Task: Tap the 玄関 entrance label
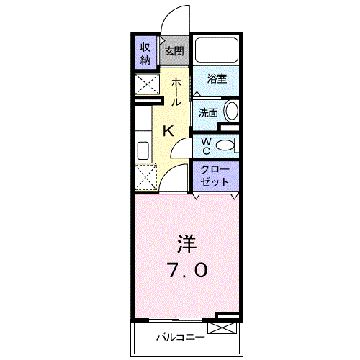tap(174, 51)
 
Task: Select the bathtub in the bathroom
tap(217, 50)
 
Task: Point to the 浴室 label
tap(217, 78)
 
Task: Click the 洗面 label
tap(208, 112)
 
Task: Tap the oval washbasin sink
tap(231, 112)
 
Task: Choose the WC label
tap(206, 146)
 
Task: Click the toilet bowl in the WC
tap(225, 145)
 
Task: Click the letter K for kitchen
tap(168, 131)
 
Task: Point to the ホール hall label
tap(176, 91)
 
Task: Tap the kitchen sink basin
tap(143, 150)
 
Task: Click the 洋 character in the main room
tap(186, 244)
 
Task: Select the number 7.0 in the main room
tap(188, 270)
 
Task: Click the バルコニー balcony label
tap(181, 338)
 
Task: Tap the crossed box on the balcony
tap(222, 328)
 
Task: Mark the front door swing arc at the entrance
tap(168, 12)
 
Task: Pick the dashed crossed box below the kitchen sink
tap(145, 177)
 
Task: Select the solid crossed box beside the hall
tap(147, 84)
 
